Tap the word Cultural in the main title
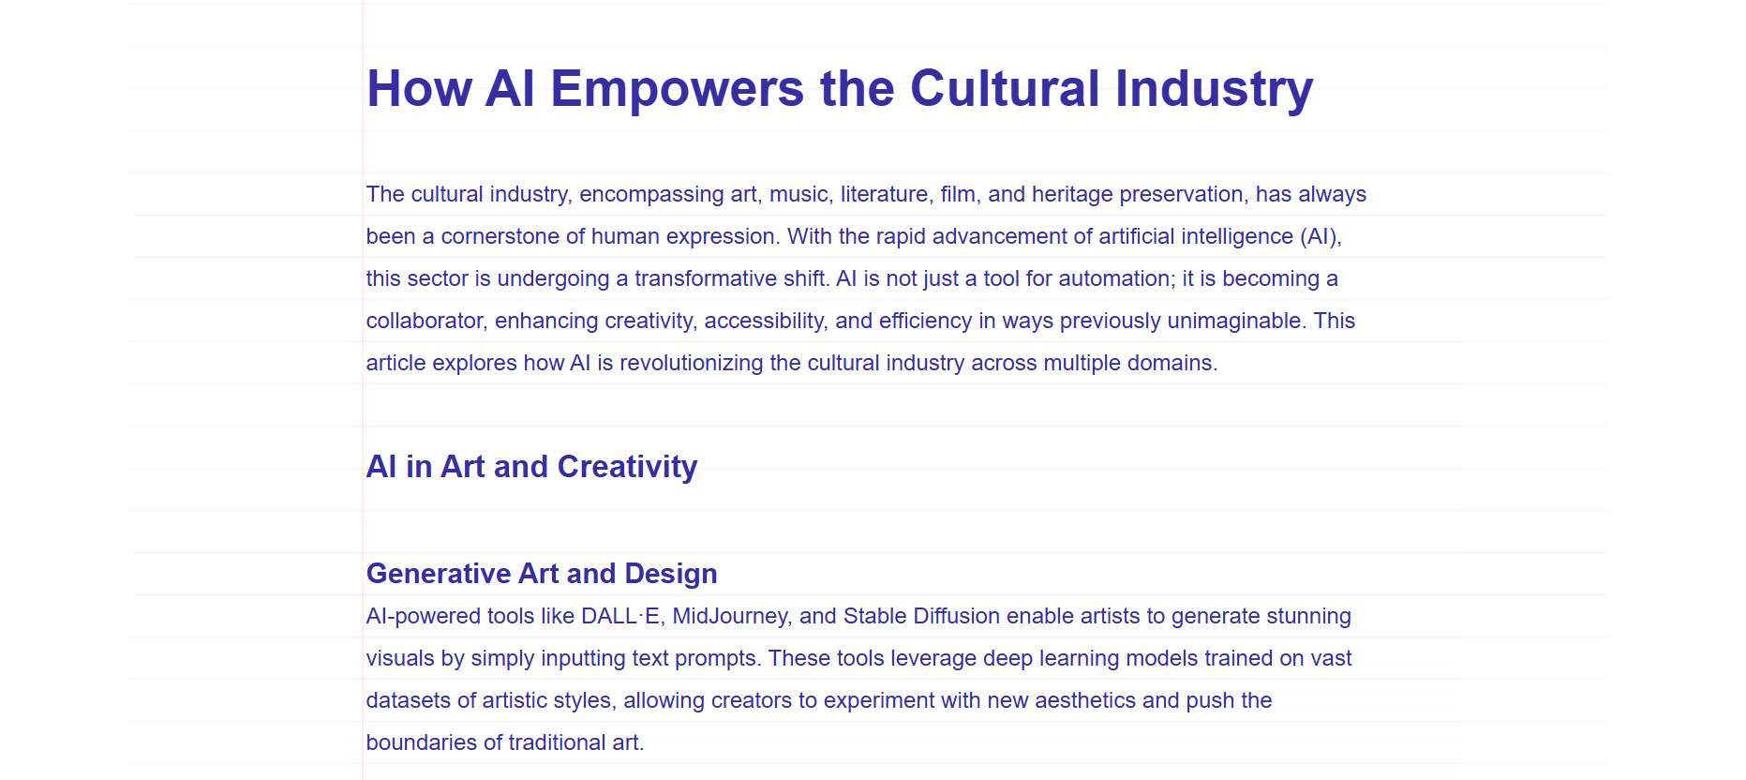(x=1005, y=88)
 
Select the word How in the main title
(x=419, y=89)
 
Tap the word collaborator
(x=426, y=322)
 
